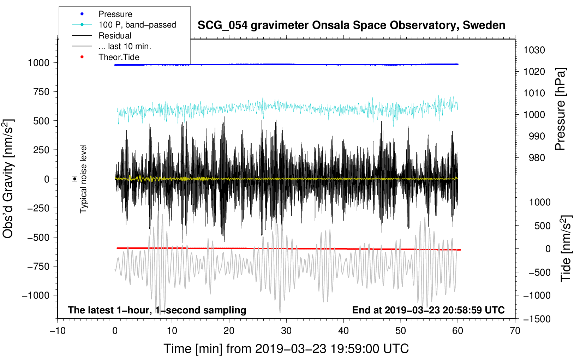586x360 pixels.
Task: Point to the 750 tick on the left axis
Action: coord(41,92)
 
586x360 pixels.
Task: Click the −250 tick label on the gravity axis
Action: coord(38,208)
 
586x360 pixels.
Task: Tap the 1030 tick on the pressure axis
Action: coord(534,50)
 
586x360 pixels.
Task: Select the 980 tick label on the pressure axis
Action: coord(537,158)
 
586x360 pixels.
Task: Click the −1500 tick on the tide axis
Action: coord(537,319)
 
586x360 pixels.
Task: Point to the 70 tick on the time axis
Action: coord(515,331)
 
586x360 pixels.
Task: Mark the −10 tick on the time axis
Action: coord(58,331)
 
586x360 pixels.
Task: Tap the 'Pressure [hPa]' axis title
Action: coord(560,109)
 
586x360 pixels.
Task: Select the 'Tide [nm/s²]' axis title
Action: coord(566,248)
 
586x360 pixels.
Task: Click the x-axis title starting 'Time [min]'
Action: coord(286,349)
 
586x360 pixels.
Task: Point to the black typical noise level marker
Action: coord(75,179)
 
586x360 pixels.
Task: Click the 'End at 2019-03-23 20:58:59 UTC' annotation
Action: coord(428,310)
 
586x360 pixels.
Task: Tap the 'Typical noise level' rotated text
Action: coord(83,179)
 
